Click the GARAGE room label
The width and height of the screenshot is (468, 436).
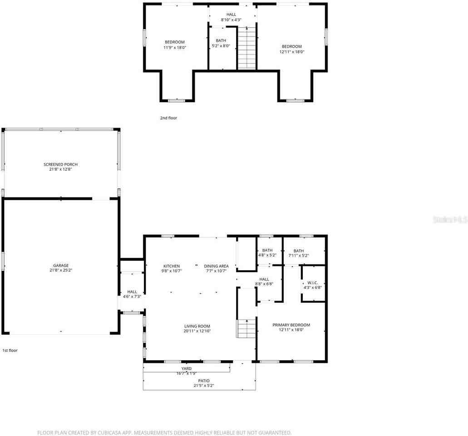(61, 265)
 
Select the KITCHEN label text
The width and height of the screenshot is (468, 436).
(172, 266)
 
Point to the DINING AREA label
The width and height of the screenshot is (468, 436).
(216, 266)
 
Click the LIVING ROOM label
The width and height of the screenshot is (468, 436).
(197, 326)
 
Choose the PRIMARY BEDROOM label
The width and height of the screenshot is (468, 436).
(291, 325)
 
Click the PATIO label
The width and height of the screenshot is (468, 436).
(204, 381)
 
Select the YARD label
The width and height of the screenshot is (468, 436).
(186, 368)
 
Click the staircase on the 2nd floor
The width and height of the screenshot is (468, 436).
(246, 48)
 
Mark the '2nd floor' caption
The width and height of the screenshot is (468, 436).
(168, 118)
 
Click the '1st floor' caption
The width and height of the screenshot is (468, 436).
(10, 350)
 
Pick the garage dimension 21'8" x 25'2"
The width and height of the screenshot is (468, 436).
(61, 270)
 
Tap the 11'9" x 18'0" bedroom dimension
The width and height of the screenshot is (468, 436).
(174, 47)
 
